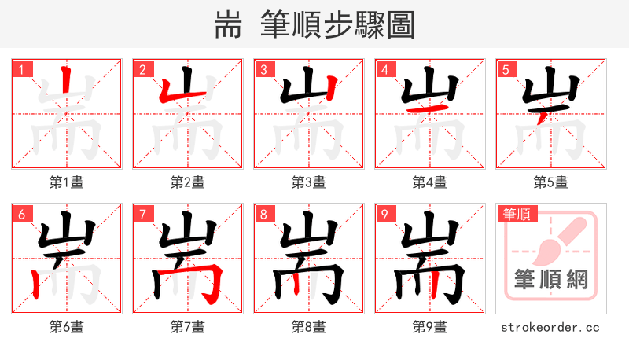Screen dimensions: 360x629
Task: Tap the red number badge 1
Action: click(21, 69)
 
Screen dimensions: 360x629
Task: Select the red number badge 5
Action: click(506, 69)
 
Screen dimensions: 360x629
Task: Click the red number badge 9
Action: click(384, 214)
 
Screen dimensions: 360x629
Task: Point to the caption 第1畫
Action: click(66, 182)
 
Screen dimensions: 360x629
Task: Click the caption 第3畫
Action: click(308, 182)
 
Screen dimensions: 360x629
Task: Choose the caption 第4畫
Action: click(429, 182)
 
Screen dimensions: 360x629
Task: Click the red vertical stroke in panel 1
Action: click(67, 86)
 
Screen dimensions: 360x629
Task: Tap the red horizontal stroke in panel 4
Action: click(434, 108)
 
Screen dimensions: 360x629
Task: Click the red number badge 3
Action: click(263, 69)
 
